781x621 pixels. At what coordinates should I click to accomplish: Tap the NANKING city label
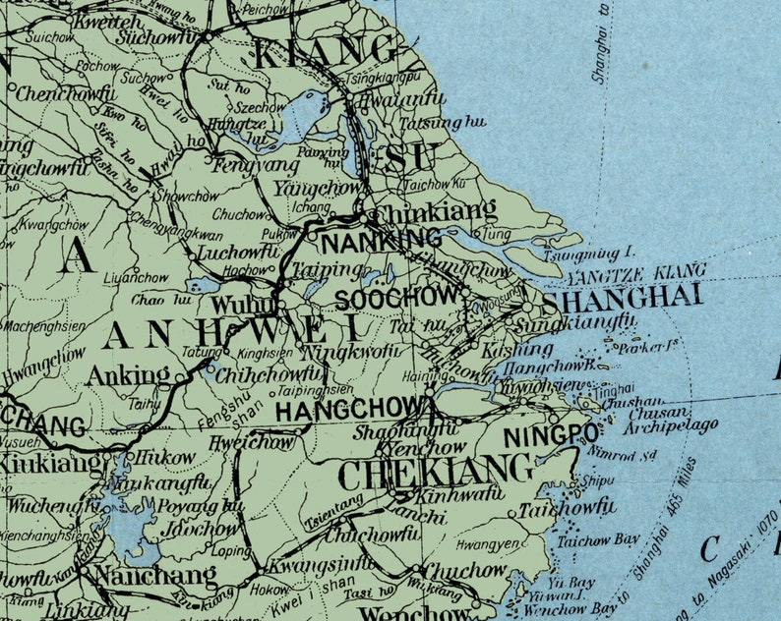click(x=382, y=240)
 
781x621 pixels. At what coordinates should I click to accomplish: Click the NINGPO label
click(x=551, y=435)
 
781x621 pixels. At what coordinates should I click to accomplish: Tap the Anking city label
click(x=129, y=374)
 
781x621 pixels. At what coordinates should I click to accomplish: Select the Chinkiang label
click(x=423, y=212)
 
